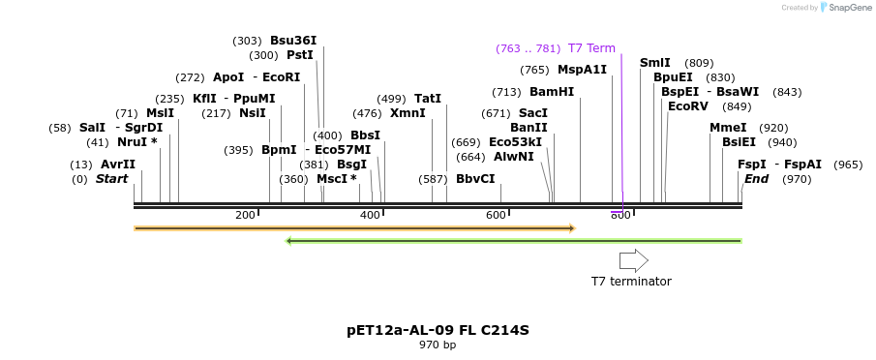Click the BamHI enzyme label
552,92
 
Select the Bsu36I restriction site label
293,41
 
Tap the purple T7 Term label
591,48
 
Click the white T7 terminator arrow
633,259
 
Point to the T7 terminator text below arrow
631,282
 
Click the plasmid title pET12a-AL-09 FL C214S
438,330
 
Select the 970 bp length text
438,345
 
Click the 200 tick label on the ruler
245,215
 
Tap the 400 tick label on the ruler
371,215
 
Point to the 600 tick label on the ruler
496,215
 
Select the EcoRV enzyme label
688,106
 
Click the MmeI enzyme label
728,128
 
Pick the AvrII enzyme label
118,165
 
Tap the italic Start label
111,179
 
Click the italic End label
756,179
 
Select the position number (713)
506,92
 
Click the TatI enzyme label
428,99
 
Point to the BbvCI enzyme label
475,179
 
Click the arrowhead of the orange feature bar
572,228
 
